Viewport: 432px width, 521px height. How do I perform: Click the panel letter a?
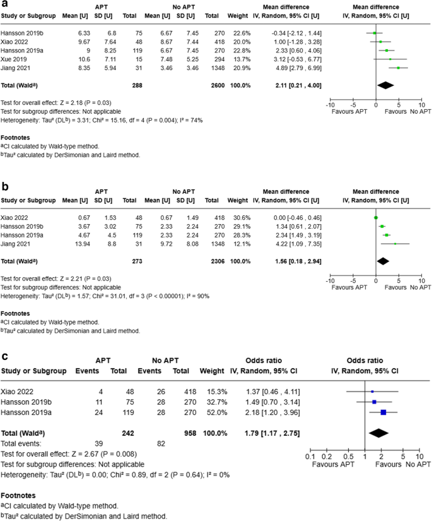click(x=4, y=4)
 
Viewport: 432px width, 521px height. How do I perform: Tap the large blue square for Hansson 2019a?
click(x=383, y=412)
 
